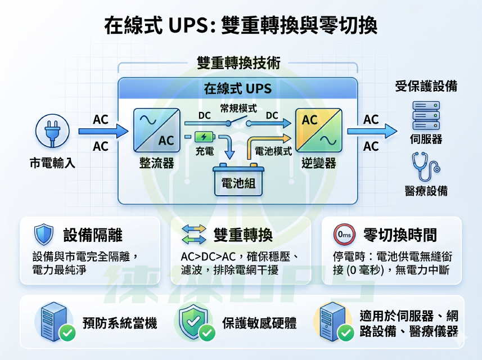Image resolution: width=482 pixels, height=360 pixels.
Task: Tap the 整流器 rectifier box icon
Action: click(x=157, y=130)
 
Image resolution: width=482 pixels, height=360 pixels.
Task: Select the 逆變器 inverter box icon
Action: click(x=319, y=130)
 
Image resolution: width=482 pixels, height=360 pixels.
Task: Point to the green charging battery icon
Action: click(x=204, y=137)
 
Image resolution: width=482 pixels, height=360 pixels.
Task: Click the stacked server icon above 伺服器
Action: click(x=426, y=115)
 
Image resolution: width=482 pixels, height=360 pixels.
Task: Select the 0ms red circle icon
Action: click(x=344, y=235)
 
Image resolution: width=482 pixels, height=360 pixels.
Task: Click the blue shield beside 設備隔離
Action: click(x=44, y=234)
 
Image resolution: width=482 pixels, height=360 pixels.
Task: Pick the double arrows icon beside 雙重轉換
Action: click(x=194, y=234)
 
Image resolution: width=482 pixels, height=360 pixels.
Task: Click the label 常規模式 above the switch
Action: click(x=238, y=109)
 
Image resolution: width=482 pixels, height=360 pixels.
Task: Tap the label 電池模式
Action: click(x=273, y=151)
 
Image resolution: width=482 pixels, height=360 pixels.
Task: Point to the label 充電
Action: click(x=204, y=151)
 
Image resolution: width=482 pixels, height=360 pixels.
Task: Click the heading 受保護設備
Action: click(x=426, y=86)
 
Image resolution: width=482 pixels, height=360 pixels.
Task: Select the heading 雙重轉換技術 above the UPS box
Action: click(x=238, y=63)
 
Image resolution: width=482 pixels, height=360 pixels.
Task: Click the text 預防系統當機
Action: click(x=120, y=323)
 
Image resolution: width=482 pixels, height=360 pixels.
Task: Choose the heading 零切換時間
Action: click(x=400, y=235)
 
